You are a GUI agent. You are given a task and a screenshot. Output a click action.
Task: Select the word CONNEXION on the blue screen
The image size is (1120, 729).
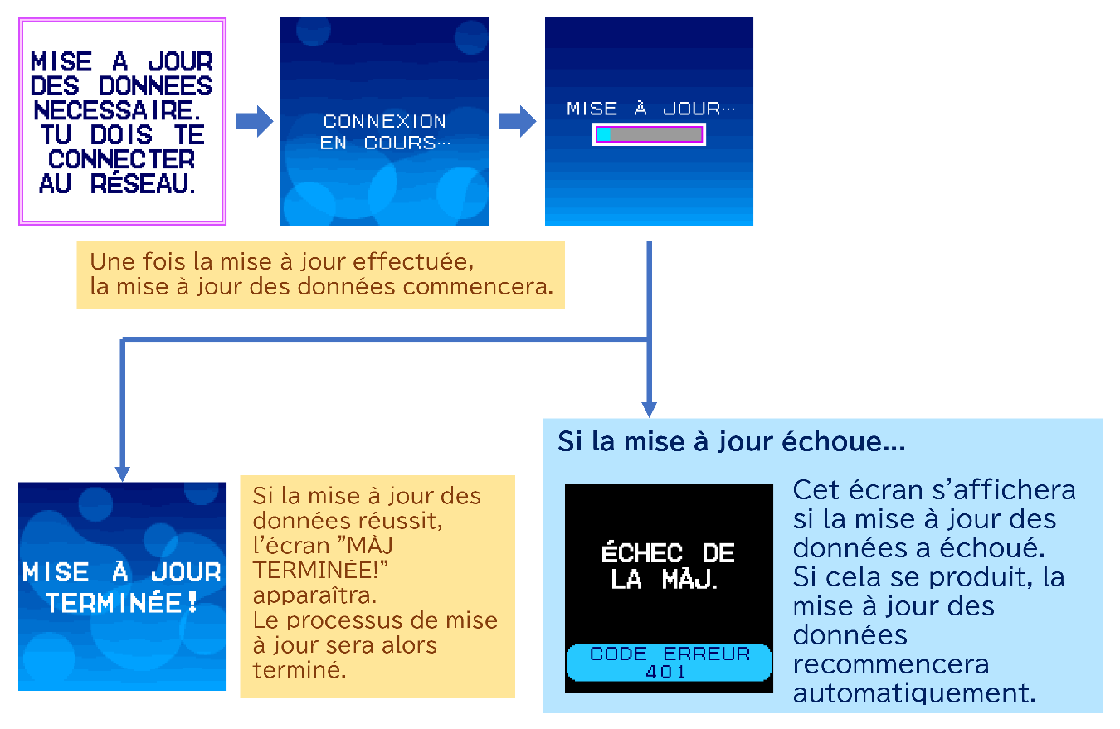coord(384,121)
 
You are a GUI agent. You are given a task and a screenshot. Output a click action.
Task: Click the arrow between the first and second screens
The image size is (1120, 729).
coord(254,122)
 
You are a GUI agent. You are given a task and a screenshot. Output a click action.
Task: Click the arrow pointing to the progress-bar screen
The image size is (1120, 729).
coord(517,122)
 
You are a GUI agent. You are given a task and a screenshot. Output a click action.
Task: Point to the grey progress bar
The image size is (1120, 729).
coord(656,134)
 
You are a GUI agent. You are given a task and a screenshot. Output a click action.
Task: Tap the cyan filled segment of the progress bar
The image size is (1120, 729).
coord(604,134)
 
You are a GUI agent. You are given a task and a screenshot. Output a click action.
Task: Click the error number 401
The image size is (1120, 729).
coord(668,671)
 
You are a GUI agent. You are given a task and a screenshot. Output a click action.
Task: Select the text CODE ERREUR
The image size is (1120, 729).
coord(669,654)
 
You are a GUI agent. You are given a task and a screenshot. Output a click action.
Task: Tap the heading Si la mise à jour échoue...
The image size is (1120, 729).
coord(730,441)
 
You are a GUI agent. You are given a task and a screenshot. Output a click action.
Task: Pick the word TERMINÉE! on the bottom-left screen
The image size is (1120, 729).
coord(123,604)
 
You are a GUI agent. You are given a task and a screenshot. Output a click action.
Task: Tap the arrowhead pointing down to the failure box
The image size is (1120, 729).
coord(649,409)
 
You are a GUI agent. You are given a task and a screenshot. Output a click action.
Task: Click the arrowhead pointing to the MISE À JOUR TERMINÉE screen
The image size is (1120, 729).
coord(123,474)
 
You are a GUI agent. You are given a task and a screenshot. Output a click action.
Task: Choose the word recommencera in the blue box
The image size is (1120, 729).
coord(891,664)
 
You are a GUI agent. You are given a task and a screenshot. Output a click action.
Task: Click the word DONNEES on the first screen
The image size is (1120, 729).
coord(154,85)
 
